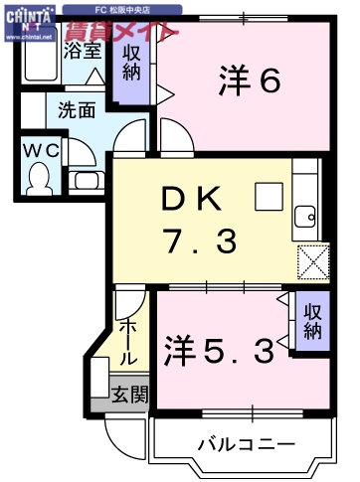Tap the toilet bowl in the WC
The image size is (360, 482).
pos(40,179)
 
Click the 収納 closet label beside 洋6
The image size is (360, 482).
pos(130,65)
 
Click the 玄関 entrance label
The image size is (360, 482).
pos(129,395)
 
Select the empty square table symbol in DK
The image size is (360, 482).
pos(268,197)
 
